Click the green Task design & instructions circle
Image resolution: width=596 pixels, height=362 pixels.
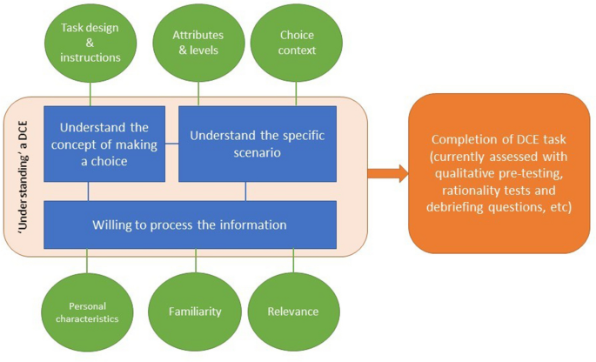point(90,42)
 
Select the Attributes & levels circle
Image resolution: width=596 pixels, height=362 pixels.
point(198,42)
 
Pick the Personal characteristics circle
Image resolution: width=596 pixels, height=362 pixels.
point(89,312)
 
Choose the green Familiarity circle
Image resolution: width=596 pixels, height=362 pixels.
point(197,311)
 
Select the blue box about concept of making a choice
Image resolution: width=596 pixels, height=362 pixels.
point(104,144)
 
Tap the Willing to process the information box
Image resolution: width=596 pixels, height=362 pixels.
point(190,225)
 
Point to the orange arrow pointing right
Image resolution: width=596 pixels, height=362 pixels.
point(387,174)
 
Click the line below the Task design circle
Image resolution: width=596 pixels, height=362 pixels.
point(90,94)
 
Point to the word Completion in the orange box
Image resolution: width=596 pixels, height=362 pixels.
point(458,140)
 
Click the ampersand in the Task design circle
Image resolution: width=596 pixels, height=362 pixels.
point(90,42)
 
